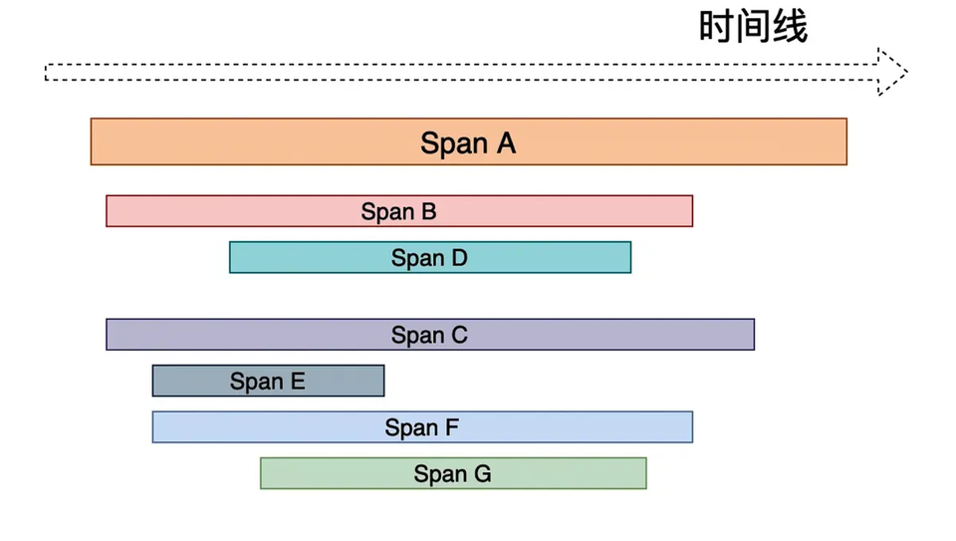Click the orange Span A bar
[x=468, y=141]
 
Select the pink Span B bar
[x=399, y=211]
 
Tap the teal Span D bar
[x=430, y=257]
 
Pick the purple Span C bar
[x=430, y=334]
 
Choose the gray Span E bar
[x=268, y=381]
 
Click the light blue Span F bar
[x=422, y=427]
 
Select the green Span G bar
[x=453, y=473]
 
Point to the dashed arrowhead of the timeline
[x=892, y=72]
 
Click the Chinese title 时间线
[x=753, y=27]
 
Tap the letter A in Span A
[x=506, y=143]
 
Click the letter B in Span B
[x=428, y=211]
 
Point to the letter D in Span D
[x=459, y=258]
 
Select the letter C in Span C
[x=459, y=335]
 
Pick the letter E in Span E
[x=298, y=382]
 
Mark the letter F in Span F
[x=452, y=427]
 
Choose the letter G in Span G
[x=482, y=474]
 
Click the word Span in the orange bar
[x=454, y=144]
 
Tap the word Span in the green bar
[x=440, y=474]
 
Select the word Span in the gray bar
[x=257, y=382]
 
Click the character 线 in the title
[x=790, y=27]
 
